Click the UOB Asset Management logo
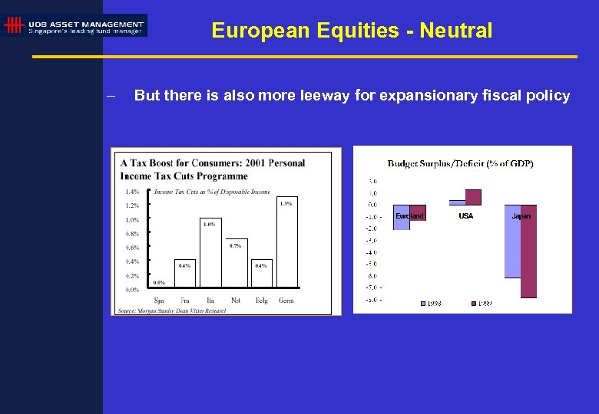coord(74,25)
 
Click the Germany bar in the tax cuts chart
coord(286,245)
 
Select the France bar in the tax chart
coord(184,274)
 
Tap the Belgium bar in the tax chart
coord(260,274)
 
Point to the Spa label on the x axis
coord(159,300)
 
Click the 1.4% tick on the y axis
coord(132,192)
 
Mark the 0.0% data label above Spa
coord(159,283)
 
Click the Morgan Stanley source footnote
coord(172,310)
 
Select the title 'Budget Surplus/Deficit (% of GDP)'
coord(461,163)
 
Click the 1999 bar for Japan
coord(528,251)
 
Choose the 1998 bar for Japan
coord(512,241)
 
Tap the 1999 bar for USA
coord(473,197)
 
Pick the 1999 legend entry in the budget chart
coord(481,304)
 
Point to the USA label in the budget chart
coord(466,216)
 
